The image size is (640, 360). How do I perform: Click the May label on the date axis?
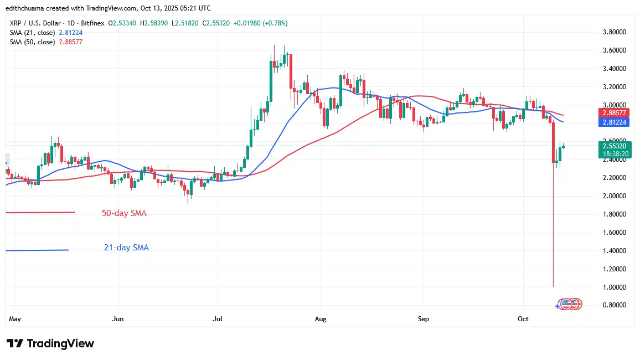click(15, 319)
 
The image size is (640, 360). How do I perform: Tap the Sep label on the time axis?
click(423, 319)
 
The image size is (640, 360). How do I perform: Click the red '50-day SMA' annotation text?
click(124, 213)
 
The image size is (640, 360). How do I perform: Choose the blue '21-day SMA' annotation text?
click(126, 248)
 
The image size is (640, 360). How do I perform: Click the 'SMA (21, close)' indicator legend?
click(32, 32)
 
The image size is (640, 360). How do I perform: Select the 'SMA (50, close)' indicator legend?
click(32, 42)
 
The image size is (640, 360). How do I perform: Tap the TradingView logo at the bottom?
click(50, 343)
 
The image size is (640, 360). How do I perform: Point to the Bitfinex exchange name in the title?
click(94, 23)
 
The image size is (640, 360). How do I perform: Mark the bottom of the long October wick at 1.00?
click(553, 286)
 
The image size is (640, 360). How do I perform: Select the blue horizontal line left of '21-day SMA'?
click(37, 250)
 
